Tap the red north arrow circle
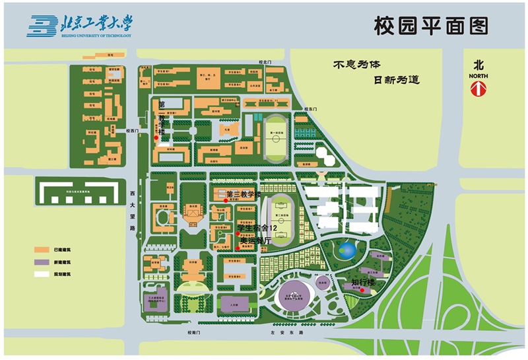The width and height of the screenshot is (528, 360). click(x=479, y=90)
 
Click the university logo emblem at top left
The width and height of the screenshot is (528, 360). click(x=41, y=26)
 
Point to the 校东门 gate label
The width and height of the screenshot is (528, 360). click(x=312, y=109)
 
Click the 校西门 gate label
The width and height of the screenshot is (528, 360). click(x=133, y=131)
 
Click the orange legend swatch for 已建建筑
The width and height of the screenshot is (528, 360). click(x=44, y=250)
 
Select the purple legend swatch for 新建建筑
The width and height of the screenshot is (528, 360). click(x=44, y=262)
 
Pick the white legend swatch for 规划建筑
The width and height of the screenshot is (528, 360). click(x=44, y=273)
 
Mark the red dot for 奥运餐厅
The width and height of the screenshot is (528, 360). click(x=237, y=248)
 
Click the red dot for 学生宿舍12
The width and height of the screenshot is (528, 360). click(x=237, y=233)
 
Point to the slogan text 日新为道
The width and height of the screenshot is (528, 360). click(x=397, y=80)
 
